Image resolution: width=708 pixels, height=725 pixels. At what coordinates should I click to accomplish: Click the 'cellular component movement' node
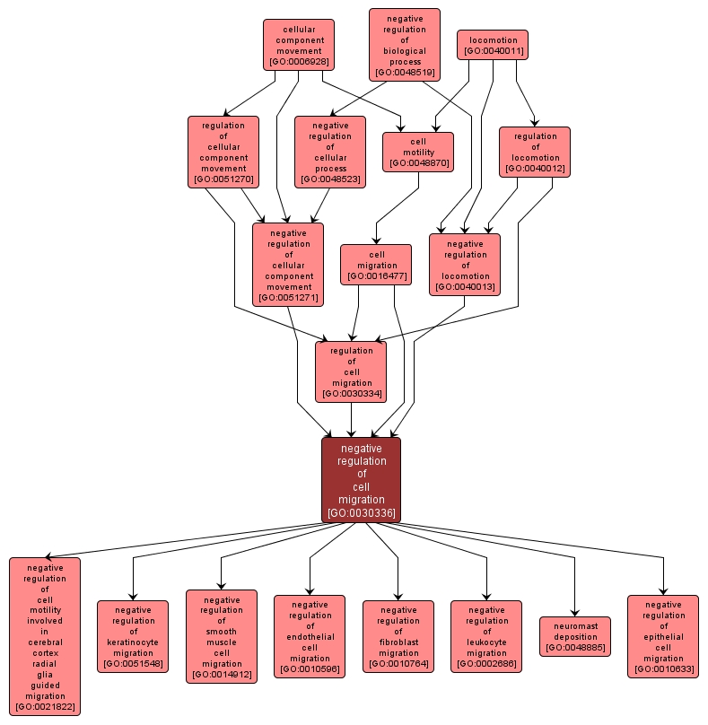[299, 44]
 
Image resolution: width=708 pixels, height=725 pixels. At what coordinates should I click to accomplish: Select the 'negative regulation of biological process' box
[405, 45]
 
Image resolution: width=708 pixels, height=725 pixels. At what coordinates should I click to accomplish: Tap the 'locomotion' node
[493, 45]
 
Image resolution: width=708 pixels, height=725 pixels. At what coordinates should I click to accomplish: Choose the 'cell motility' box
[418, 152]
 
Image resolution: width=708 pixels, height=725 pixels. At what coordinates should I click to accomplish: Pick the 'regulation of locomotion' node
[535, 152]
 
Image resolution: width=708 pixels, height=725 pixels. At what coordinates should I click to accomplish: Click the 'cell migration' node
[376, 265]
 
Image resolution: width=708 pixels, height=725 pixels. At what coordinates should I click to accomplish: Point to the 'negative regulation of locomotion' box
[465, 264]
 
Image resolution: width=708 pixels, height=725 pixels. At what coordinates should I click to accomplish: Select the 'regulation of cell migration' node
[351, 371]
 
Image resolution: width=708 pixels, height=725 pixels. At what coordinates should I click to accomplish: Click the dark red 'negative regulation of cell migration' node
[362, 480]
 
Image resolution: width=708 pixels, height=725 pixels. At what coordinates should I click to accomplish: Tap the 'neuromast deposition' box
[575, 636]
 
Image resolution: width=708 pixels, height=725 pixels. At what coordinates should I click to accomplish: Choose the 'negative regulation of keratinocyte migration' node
[133, 636]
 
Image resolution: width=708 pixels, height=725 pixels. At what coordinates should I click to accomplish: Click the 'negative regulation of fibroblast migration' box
[398, 636]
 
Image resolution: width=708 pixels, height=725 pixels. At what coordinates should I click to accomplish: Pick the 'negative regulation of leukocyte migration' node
[486, 636]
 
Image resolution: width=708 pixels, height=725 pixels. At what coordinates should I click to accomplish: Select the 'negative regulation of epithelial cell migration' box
[663, 636]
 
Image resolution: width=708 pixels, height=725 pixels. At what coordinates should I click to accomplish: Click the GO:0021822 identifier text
[45, 707]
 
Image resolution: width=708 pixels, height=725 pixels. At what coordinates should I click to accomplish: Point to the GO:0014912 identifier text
[221, 674]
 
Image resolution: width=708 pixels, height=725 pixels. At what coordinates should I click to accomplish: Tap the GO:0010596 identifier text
[310, 669]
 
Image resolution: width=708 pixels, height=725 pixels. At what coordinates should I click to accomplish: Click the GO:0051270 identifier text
[223, 179]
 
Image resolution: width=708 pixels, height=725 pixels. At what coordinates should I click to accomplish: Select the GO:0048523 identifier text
[329, 179]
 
